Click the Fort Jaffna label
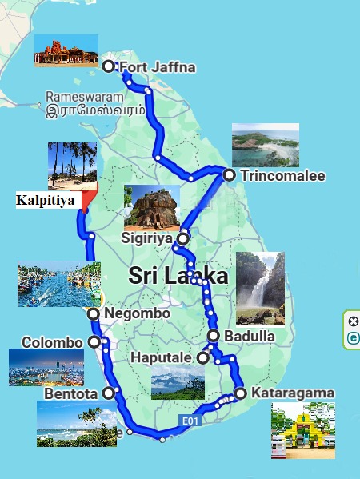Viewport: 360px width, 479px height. pyautogui.click(x=157, y=67)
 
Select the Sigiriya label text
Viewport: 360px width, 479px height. pyautogui.click(x=147, y=238)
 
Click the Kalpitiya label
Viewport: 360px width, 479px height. pyautogui.click(x=45, y=200)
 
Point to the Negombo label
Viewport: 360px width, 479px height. pyautogui.click(x=137, y=314)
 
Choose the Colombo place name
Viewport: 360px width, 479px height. pyautogui.click(x=52, y=342)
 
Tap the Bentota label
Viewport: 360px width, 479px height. pyautogui.click(x=70, y=393)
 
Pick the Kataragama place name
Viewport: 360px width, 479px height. pyautogui.click(x=292, y=393)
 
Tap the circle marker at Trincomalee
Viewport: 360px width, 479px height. pyautogui.click(x=229, y=175)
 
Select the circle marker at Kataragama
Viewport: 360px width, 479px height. pyautogui.click(x=240, y=393)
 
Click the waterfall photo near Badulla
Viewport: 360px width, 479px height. pyautogui.click(x=260, y=289)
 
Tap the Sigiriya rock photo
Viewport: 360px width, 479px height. pyautogui.click(x=151, y=206)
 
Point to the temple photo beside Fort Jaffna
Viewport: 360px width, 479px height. pyautogui.click(x=66, y=50)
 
